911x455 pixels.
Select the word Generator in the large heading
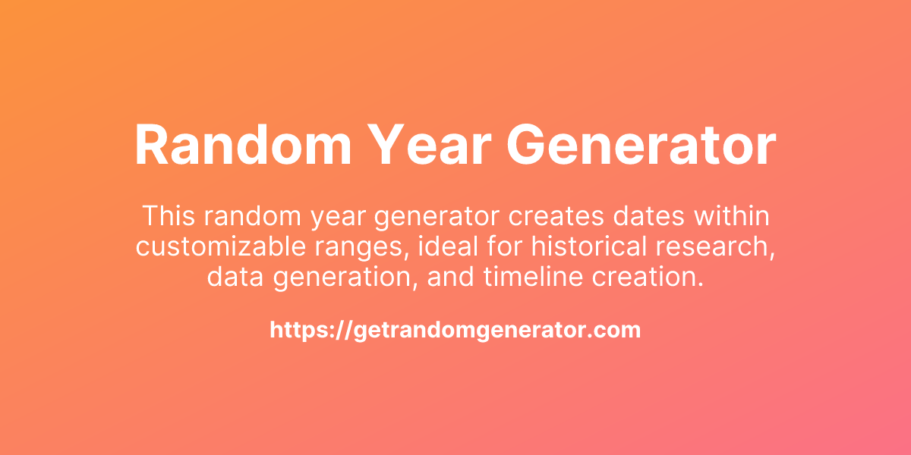point(639,146)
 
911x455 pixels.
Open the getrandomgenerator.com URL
point(455,330)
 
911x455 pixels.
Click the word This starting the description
point(169,216)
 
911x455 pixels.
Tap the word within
point(730,216)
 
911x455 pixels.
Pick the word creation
point(651,277)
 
